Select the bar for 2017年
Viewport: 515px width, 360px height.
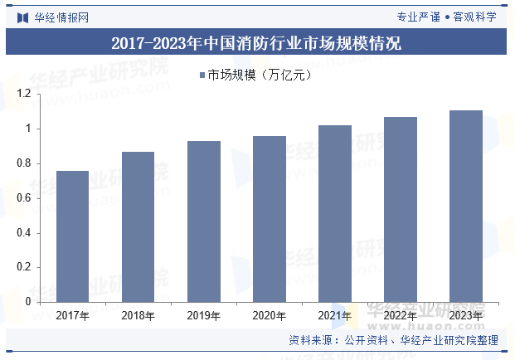[72, 236]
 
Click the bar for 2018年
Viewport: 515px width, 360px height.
[138, 226]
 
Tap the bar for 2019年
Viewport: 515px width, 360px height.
[203, 221]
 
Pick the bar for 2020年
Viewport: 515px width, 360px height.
[269, 219]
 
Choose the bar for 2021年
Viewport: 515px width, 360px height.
[335, 213]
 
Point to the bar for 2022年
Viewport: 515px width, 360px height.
[401, 209]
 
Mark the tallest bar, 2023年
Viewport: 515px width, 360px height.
[466, 206]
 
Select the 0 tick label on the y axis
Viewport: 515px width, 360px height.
[27, 302]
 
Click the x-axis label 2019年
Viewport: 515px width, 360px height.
[203, 315]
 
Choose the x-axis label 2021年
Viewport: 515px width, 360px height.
[335, 315]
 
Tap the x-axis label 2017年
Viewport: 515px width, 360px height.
[72, 315]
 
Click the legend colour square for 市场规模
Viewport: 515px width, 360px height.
[202, 76]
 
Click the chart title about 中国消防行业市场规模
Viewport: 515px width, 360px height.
[257, 43]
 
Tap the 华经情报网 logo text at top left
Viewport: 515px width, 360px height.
[60, 16]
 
